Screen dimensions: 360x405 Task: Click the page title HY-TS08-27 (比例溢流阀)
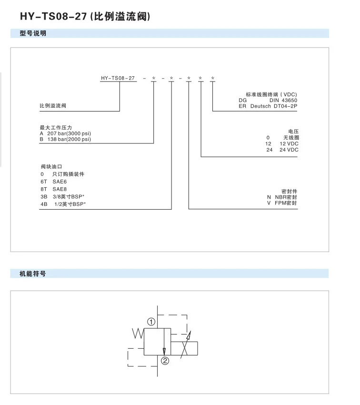[85, 16]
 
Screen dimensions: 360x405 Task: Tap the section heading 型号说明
[33, 33]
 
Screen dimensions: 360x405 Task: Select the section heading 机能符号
[32, 273]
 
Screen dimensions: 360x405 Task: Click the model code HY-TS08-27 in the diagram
[118, 78]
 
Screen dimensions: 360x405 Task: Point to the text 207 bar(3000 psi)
[69, 133]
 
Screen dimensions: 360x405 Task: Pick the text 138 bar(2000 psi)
[69, 139]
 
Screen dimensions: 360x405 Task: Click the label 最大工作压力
[56, 128]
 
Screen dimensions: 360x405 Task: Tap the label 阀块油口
[51, 167]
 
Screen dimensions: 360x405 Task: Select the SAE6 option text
[60, 182]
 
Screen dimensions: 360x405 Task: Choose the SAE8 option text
[60, 189]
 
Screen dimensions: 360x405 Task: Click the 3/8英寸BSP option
[69, 197]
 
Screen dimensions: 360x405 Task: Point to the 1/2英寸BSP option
[70, 204]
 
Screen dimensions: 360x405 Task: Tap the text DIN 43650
[283, 100]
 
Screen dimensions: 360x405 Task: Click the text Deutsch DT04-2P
[274, 106]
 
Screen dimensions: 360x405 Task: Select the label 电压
[293, 132]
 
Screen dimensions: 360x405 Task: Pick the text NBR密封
[286, 197]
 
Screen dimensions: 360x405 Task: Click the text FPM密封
[286, 203]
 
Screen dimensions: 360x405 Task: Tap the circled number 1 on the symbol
[151, 322]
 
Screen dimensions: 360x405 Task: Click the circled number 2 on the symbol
[165, 361]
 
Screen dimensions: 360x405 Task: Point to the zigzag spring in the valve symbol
[138, 334]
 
